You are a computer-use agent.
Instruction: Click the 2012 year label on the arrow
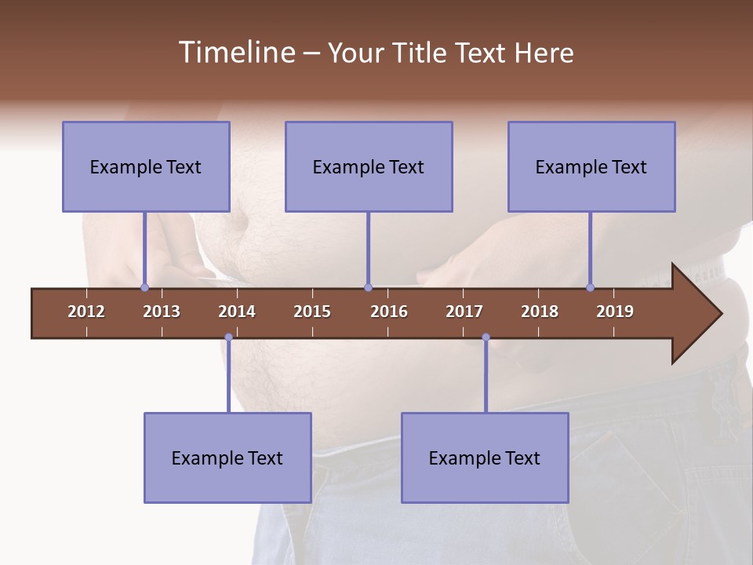coord(86,312)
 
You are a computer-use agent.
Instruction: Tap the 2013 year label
coord(162,312)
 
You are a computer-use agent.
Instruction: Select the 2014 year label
coord(237,312)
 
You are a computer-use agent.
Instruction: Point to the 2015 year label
coord(312,312)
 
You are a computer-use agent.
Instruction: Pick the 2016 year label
coord(389,312)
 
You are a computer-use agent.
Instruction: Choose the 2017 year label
coord(464,312)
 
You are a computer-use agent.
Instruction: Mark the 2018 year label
coord(540,312)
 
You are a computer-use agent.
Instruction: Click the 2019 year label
coord(615,312)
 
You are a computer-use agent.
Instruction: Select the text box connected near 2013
coord(146,166)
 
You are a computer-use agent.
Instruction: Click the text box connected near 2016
coord(369,166)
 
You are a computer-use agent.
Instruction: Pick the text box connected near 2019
coord(591,166)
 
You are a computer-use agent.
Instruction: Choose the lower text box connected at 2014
coord(227,457)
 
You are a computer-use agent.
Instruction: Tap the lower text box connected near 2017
coord(485,457)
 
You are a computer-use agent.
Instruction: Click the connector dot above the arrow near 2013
coord(144,288)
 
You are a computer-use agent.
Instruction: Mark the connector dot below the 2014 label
coord(228,337)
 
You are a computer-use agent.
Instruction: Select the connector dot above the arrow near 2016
coord(368,288)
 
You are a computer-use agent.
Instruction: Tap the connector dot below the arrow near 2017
coord(486,337)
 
